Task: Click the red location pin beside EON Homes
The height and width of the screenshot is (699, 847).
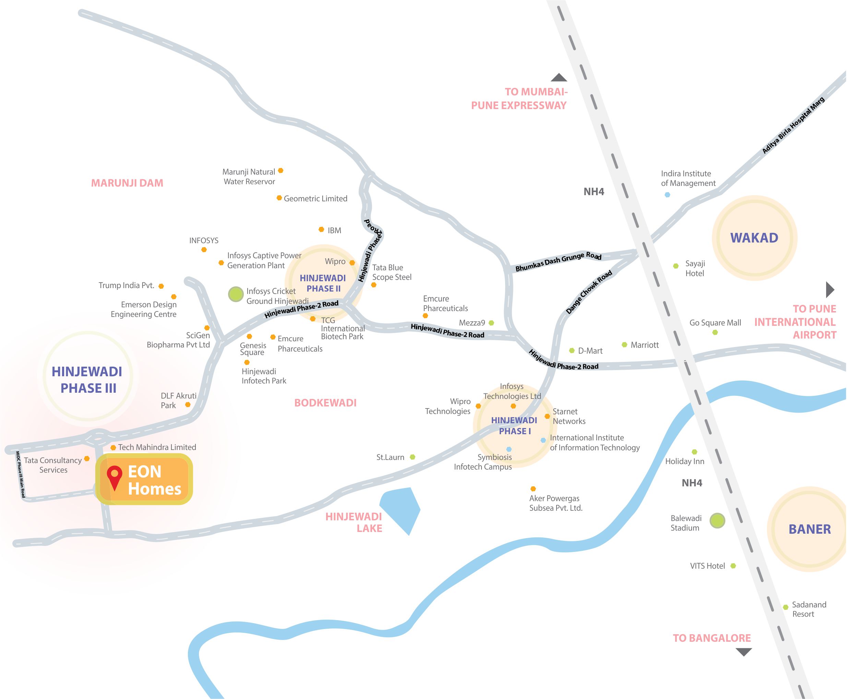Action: (114, 475)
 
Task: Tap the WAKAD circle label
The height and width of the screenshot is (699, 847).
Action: (754, 238)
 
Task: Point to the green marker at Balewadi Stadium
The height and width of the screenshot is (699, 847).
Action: (717, 520)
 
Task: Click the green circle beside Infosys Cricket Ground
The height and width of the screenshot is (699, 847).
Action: (236, 294)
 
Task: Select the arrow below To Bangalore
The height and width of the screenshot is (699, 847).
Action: (743, 651)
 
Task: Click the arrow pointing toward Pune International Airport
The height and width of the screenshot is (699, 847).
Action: (830, 289)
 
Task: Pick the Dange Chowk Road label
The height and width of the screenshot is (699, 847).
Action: (588, 292)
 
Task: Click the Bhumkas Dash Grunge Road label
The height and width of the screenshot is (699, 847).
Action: (558, 261)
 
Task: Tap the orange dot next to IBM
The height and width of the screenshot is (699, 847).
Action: (321, 229)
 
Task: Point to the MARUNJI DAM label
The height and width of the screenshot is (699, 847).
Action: (127, 183)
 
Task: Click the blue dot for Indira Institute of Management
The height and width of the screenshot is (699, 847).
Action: (667, 195)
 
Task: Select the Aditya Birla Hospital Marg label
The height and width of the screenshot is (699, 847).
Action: (793, 125)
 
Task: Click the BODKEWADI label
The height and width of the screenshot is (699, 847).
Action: (325, 403)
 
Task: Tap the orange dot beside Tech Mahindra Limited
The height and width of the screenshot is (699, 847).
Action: (113, 447)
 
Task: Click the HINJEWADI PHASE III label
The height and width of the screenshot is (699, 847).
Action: (87, 380)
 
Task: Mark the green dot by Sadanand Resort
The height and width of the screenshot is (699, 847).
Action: (785, 607)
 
